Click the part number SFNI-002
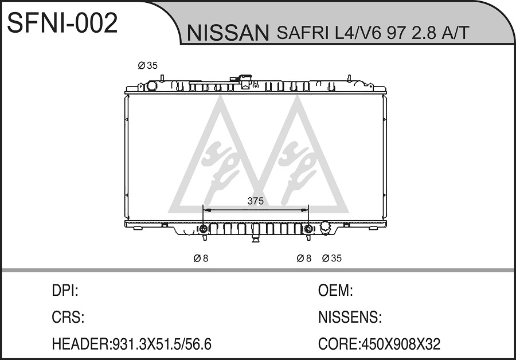click(x=62, y=22)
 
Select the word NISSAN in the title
click(x=228, y=33)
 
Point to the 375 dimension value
click(x=255, y=201)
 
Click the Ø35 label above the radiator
click(x=147, y=65)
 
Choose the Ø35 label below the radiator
click(x=332, y=259)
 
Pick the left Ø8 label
click(x=201, y=259)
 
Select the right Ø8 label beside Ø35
click(x=304, y=259)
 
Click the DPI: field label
click(x=65, y=291)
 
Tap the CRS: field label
click(x=68, y=317)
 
